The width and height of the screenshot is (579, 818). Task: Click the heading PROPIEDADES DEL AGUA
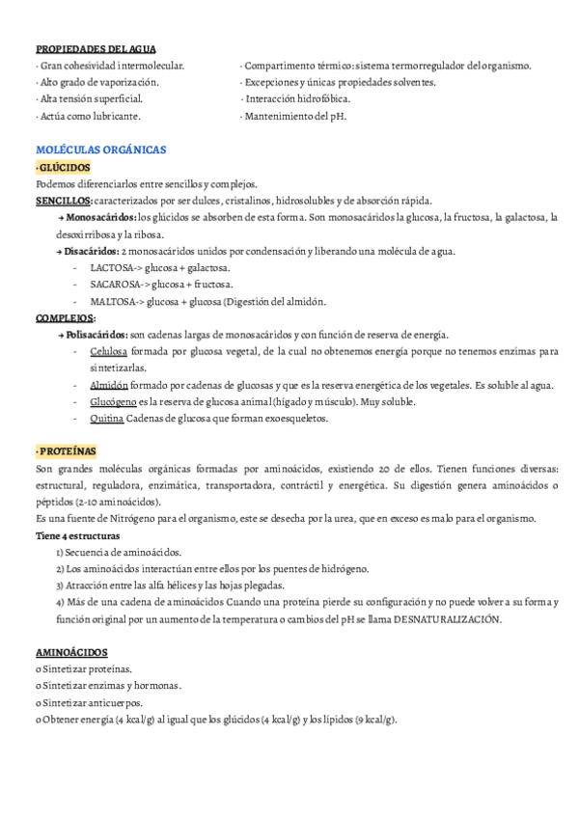96,49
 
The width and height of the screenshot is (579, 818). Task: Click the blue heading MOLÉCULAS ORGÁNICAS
100,150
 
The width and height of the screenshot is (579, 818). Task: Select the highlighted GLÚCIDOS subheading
64,168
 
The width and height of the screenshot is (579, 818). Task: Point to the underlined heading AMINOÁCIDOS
71,652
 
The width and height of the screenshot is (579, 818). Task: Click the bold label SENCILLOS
64,201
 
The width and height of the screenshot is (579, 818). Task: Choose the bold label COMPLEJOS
65,317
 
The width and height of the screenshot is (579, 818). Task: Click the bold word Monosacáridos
101,218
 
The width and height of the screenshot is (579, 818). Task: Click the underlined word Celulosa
107,351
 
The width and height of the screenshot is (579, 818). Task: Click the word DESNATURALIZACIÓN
447,618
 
